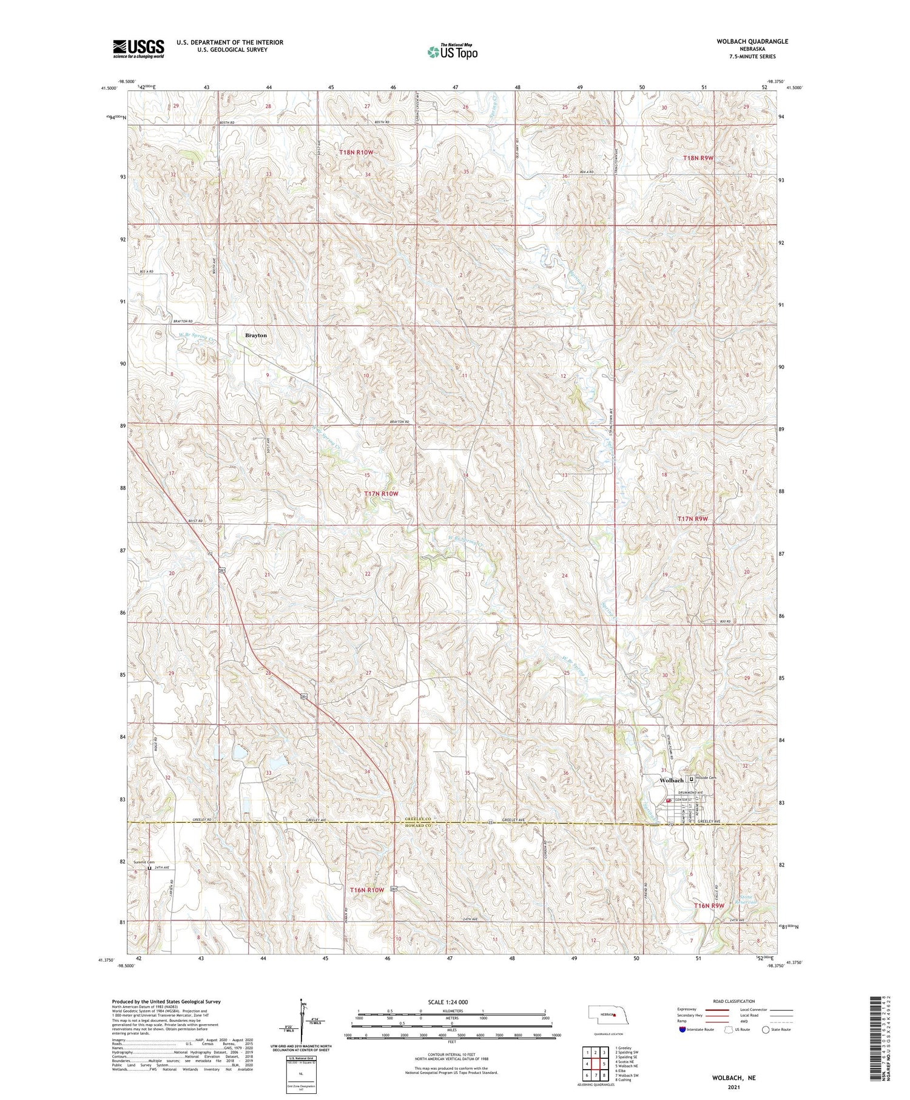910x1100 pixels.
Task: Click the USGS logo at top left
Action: tap(138, 48)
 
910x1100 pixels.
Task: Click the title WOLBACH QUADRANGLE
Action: tap(752, 41)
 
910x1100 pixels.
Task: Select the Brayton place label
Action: tap(255, 335)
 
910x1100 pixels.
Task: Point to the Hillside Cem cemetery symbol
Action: tap(691, 780)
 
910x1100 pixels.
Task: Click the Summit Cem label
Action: tap(144, 862)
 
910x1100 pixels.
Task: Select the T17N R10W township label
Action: tap(381, 494)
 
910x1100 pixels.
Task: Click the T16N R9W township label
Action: tap(709, 905)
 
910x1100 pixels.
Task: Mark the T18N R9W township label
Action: tap(698, 158)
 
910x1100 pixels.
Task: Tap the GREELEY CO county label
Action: tap(417, 818)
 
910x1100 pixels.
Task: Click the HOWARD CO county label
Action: tap(417, 826)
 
